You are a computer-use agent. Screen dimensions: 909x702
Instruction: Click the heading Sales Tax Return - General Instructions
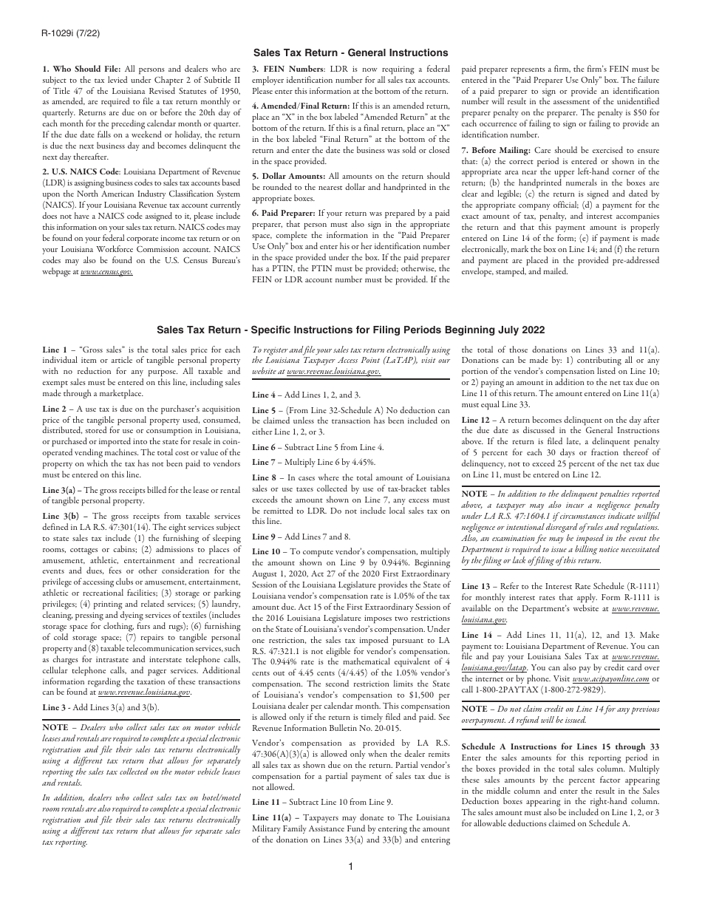[350, 52]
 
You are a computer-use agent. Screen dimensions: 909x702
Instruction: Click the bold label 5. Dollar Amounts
[288, 176]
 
